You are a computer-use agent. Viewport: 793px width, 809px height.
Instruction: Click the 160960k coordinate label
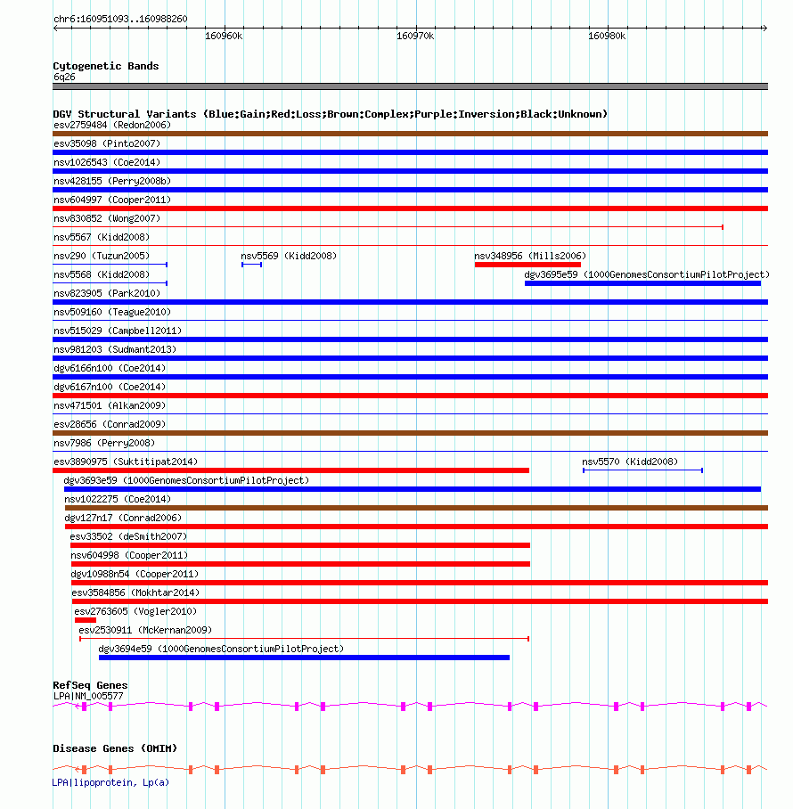(x=224, y=37)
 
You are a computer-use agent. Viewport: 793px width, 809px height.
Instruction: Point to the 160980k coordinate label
(x=607, y=37)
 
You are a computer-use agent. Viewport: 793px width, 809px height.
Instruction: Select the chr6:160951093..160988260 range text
(x=120, y=19)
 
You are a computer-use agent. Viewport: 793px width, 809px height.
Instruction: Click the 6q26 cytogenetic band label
(x=61, y=78)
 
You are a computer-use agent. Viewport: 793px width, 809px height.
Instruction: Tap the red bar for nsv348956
(x=527, y=265)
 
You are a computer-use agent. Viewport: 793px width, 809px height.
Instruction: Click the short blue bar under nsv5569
(x=251, y=265)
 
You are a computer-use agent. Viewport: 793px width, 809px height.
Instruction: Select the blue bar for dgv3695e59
(x=642, y=283)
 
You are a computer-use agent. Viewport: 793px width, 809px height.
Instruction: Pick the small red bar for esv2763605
(x=85, y=620)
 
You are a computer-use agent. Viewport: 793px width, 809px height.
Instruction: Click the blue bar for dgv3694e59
(x=304, y=658)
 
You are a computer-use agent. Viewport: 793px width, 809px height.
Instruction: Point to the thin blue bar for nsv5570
(x=642, y=470)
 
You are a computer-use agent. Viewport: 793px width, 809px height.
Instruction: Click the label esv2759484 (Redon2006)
(x=112, y=125)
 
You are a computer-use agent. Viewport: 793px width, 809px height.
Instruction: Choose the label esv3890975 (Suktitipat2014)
(x=126, y=462)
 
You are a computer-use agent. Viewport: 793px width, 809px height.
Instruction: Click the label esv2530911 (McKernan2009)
(x=145, y=630)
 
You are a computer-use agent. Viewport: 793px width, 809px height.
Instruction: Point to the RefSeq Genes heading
(x=90, y=685)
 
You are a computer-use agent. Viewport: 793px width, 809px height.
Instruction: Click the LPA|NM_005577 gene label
(x=88, y=695)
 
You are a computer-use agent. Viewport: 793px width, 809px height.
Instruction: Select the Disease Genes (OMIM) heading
(x=115, y=748)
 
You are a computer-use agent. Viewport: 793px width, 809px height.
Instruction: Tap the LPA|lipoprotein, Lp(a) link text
(x=110, y=782)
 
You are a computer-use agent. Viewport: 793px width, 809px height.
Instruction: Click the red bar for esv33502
(x=300, y=545)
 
